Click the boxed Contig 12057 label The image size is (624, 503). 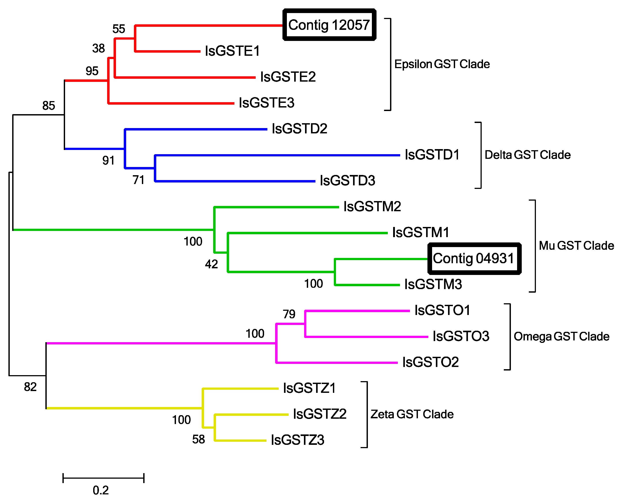329,25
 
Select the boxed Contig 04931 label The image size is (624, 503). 474,258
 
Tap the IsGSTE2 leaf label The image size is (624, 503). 288,77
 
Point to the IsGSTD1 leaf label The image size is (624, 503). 432,155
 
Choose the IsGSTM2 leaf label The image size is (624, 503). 372,207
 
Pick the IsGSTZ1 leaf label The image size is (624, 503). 309,388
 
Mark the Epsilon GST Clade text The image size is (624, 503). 442,64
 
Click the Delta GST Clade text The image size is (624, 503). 527,155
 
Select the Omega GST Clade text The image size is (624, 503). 561,337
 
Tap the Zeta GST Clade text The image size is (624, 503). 412,414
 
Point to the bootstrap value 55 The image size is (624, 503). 119,29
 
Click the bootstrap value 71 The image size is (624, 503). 139,180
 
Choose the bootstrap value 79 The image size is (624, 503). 289,314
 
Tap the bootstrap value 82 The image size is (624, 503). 30,387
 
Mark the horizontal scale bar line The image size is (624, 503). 103,478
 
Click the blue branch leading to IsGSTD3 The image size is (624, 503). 235,181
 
